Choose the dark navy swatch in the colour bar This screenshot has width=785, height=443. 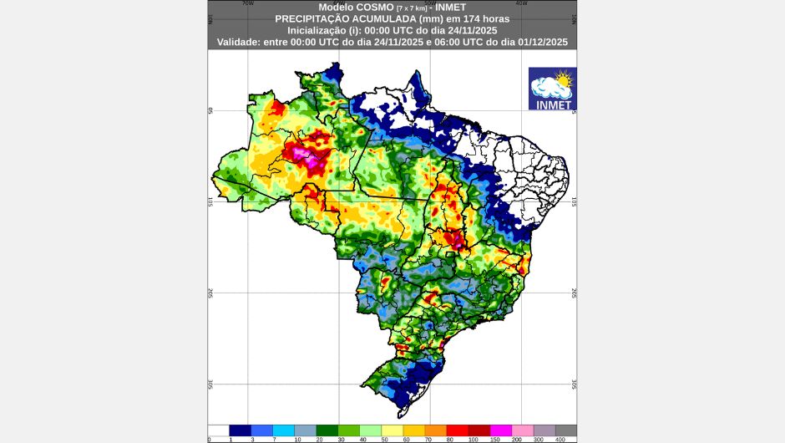[241, 430]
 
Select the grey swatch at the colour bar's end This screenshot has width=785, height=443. [566, 430]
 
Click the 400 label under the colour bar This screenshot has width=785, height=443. [560, 440]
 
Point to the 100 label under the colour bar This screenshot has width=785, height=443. [473, 440]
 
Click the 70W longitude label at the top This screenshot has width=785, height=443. [248, 3]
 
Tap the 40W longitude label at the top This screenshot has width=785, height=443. [522, 3]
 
